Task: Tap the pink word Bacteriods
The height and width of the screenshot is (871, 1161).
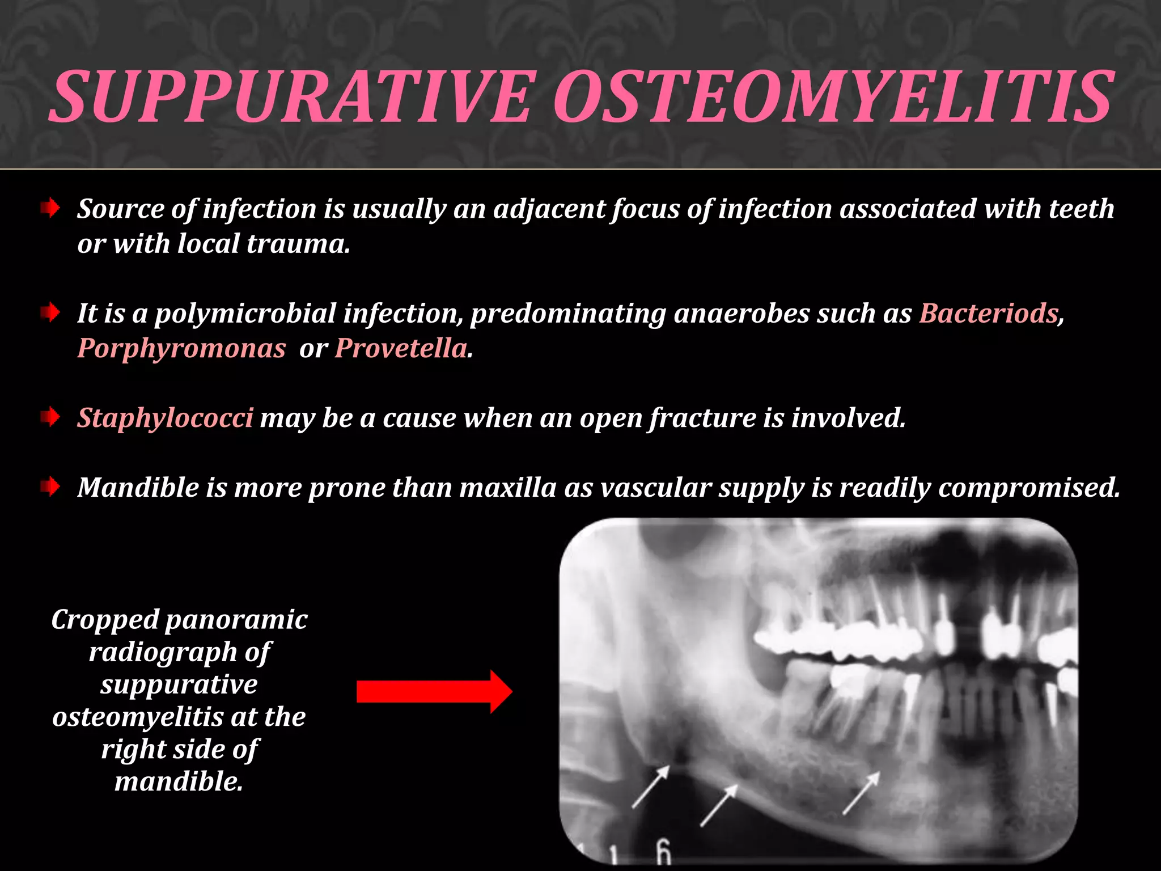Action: coord(989,313)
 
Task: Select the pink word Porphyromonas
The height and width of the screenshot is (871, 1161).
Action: coord(181,348)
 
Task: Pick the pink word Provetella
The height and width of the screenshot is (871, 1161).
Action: coord(401,348)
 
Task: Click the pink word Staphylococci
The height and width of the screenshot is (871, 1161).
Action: coord(165,418)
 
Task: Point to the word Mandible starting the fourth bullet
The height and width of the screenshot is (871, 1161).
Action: coord(138,487)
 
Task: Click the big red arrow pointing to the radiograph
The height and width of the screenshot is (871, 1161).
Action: coord(434,691)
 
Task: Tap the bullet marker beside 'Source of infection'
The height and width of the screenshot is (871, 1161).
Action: coord(50,209)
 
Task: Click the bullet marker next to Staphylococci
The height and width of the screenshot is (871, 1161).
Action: coord(50,418)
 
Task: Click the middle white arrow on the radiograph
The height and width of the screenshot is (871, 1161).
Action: coord(719,805)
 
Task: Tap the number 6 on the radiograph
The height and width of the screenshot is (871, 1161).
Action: coord(663,851)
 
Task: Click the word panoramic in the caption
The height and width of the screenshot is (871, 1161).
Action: coord(236,619)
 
